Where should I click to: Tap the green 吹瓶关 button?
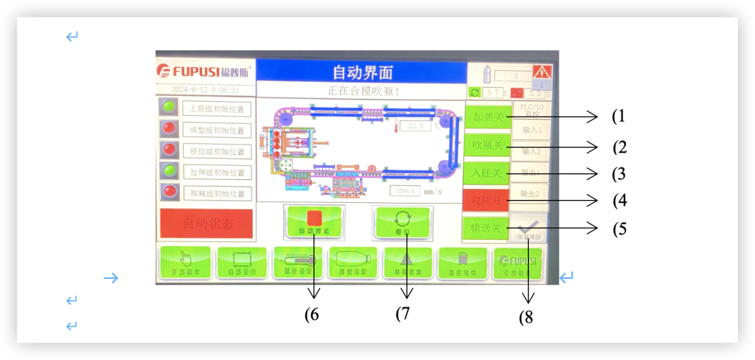[487, 145]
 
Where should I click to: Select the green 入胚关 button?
[487, 173]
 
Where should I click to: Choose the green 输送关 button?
[486, 228]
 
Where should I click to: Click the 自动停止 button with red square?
[314, 221]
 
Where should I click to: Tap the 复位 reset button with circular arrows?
[403, 222]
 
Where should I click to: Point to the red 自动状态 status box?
[207, 224]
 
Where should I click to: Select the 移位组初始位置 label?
[217, 151]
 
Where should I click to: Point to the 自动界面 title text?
[362, 72]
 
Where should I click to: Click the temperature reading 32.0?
[419, 126]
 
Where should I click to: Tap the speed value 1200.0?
[405, 190]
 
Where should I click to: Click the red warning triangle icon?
[542, 72]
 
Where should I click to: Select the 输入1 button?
[531, 130]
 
